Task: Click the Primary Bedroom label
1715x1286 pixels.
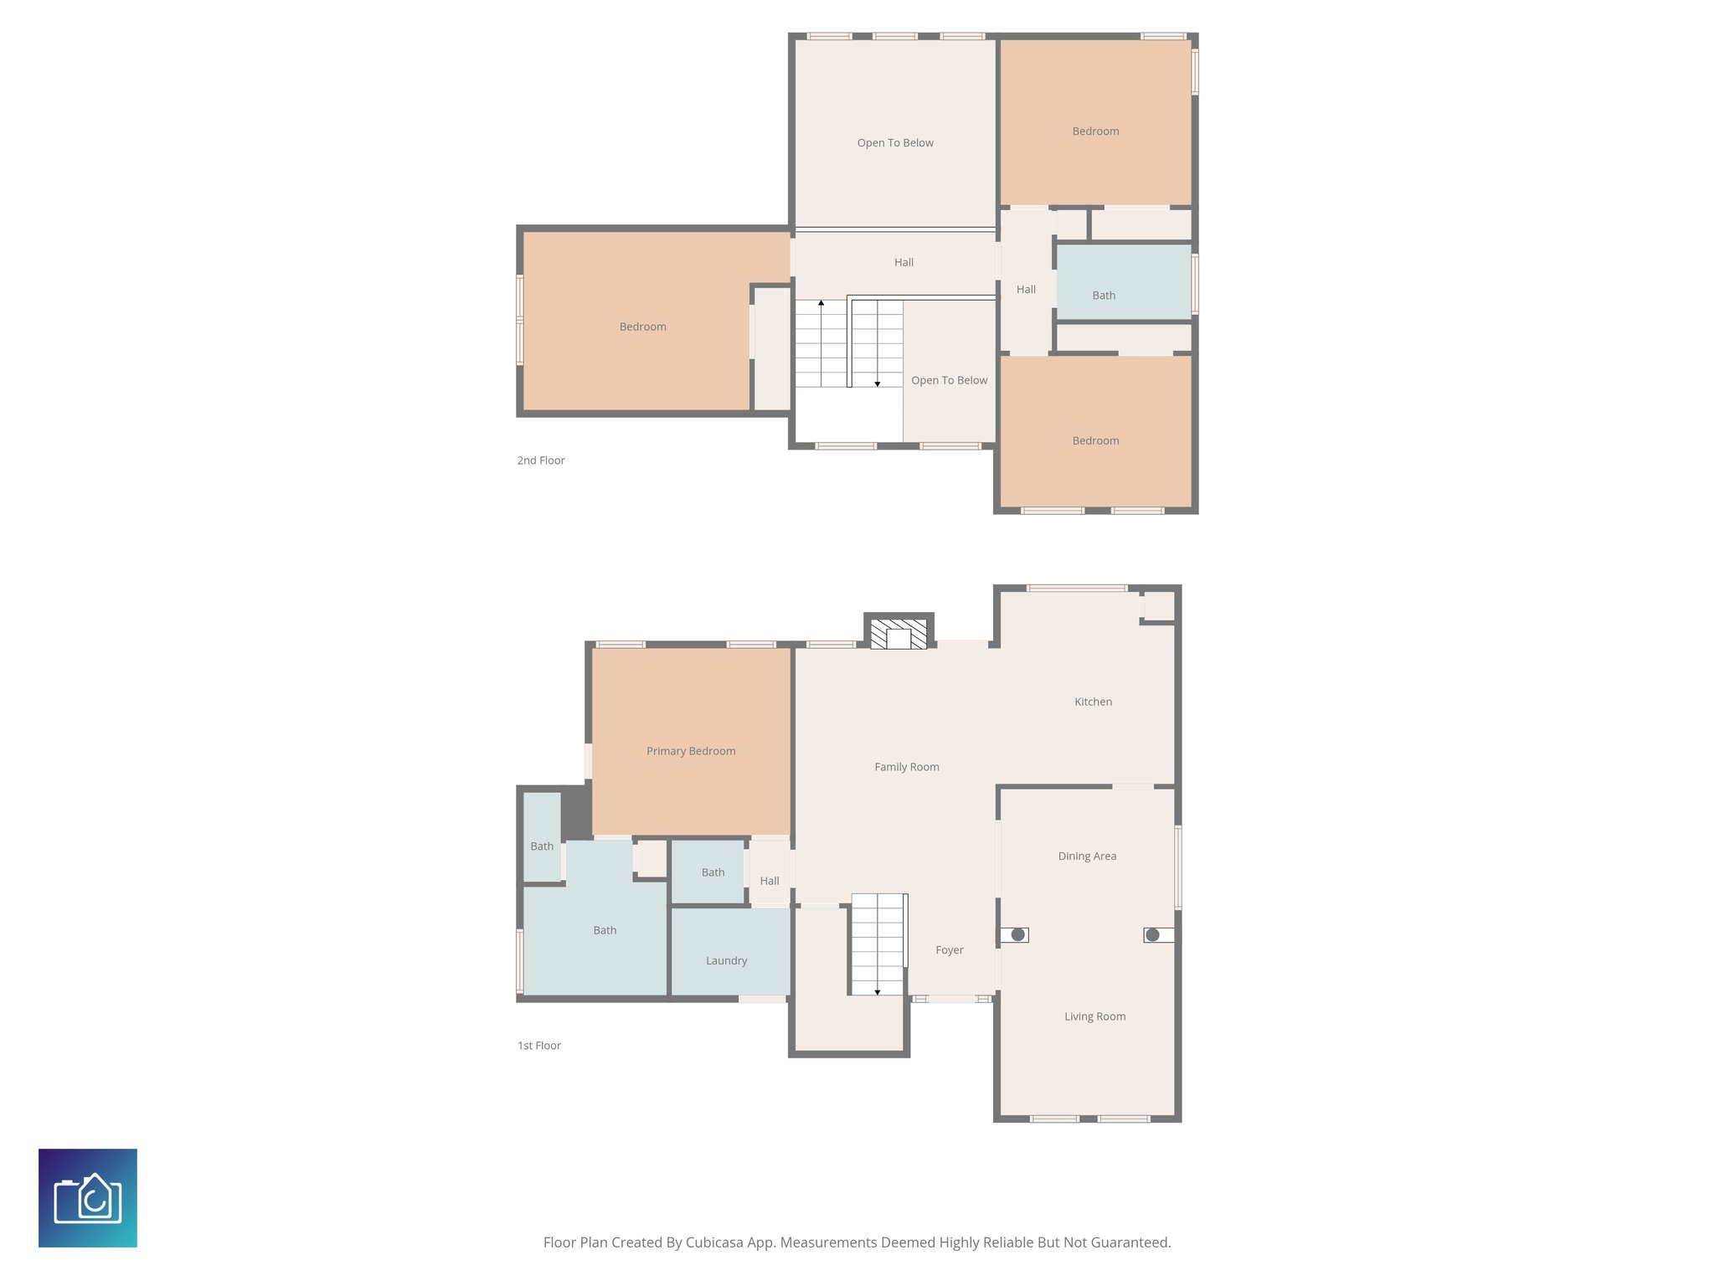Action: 691,751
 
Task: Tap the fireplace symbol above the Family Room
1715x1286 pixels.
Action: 899,634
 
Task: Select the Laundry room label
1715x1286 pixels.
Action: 726,960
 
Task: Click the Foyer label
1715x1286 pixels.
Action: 949,949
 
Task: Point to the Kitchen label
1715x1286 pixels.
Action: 1093,702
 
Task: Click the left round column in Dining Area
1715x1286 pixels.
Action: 1018,934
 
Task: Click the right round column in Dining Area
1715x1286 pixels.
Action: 1152,934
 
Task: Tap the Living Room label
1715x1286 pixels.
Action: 1094,1016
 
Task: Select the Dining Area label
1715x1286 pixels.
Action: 1087,856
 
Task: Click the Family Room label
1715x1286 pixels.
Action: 906,767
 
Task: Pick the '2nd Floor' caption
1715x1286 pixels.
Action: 541,460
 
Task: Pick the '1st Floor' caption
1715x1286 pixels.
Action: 539,1046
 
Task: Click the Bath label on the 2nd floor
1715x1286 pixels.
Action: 1104,296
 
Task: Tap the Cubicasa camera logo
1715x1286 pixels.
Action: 88,1197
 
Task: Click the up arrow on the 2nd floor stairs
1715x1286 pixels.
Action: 821,303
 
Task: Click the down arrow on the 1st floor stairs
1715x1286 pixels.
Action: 878,992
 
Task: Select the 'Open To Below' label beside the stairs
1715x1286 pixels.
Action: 949,380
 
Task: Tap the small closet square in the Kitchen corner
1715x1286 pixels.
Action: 1159,606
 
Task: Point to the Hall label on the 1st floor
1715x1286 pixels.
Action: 770,881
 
